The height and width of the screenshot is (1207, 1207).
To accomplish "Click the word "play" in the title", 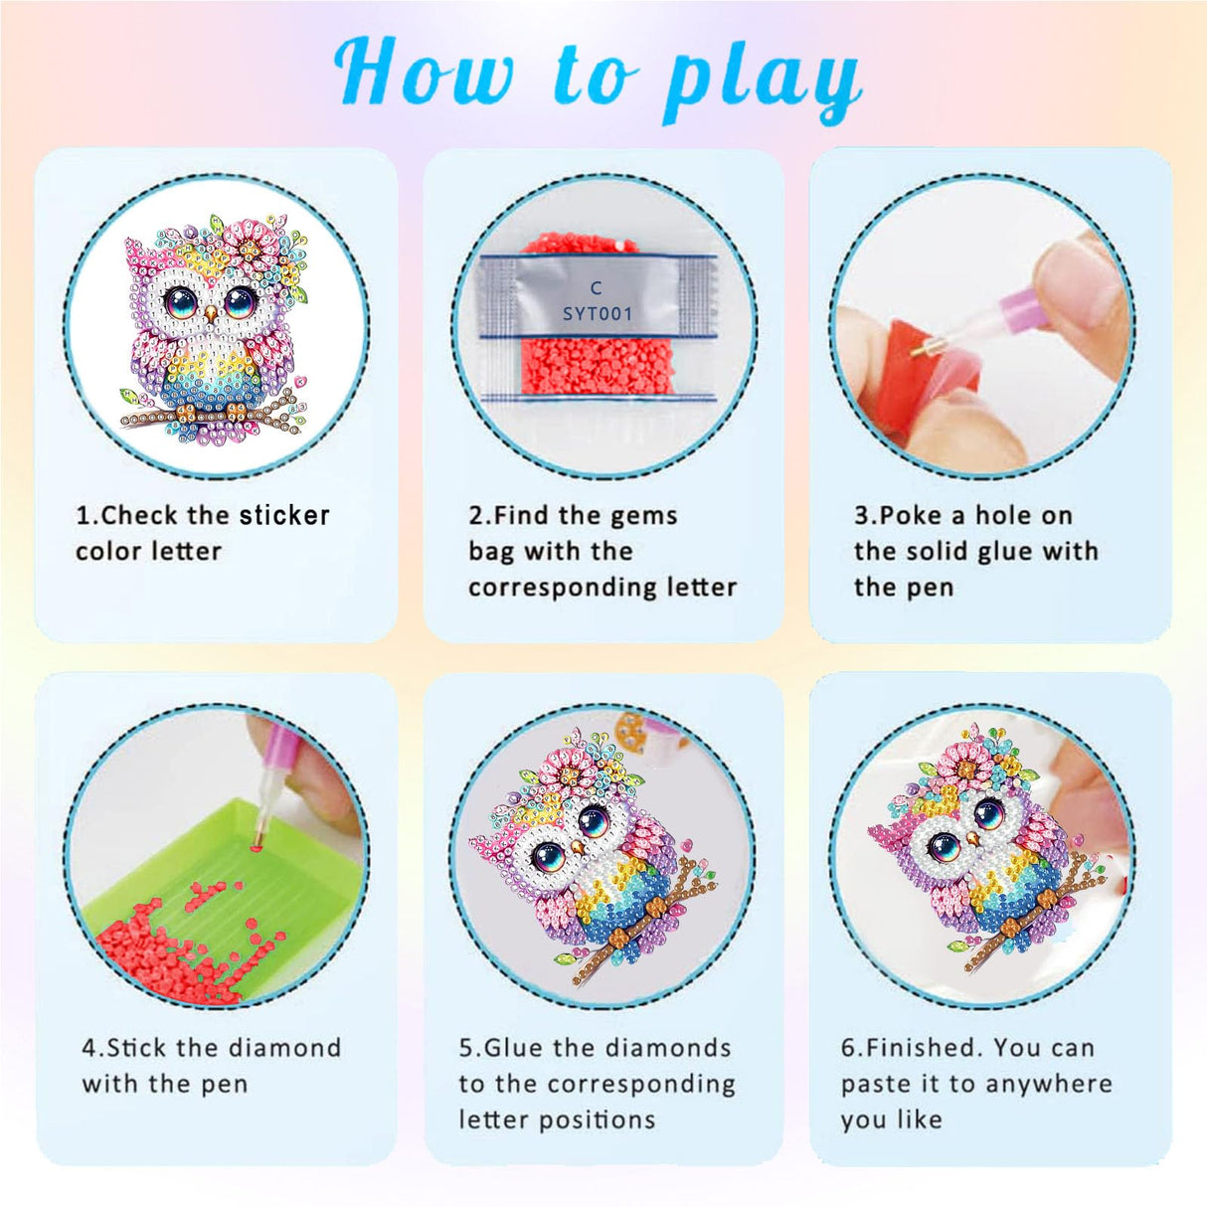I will (761, 80).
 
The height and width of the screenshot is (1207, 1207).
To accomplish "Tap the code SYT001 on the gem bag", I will (597, 314).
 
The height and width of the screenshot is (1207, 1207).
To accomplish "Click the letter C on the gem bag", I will (596, 288).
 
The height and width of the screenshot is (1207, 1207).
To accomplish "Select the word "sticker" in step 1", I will (283, 515).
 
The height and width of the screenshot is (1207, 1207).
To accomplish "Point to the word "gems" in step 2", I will (644, 515).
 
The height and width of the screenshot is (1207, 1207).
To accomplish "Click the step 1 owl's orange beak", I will (211, 315).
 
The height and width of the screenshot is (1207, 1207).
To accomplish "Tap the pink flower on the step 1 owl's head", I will (243, 243).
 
